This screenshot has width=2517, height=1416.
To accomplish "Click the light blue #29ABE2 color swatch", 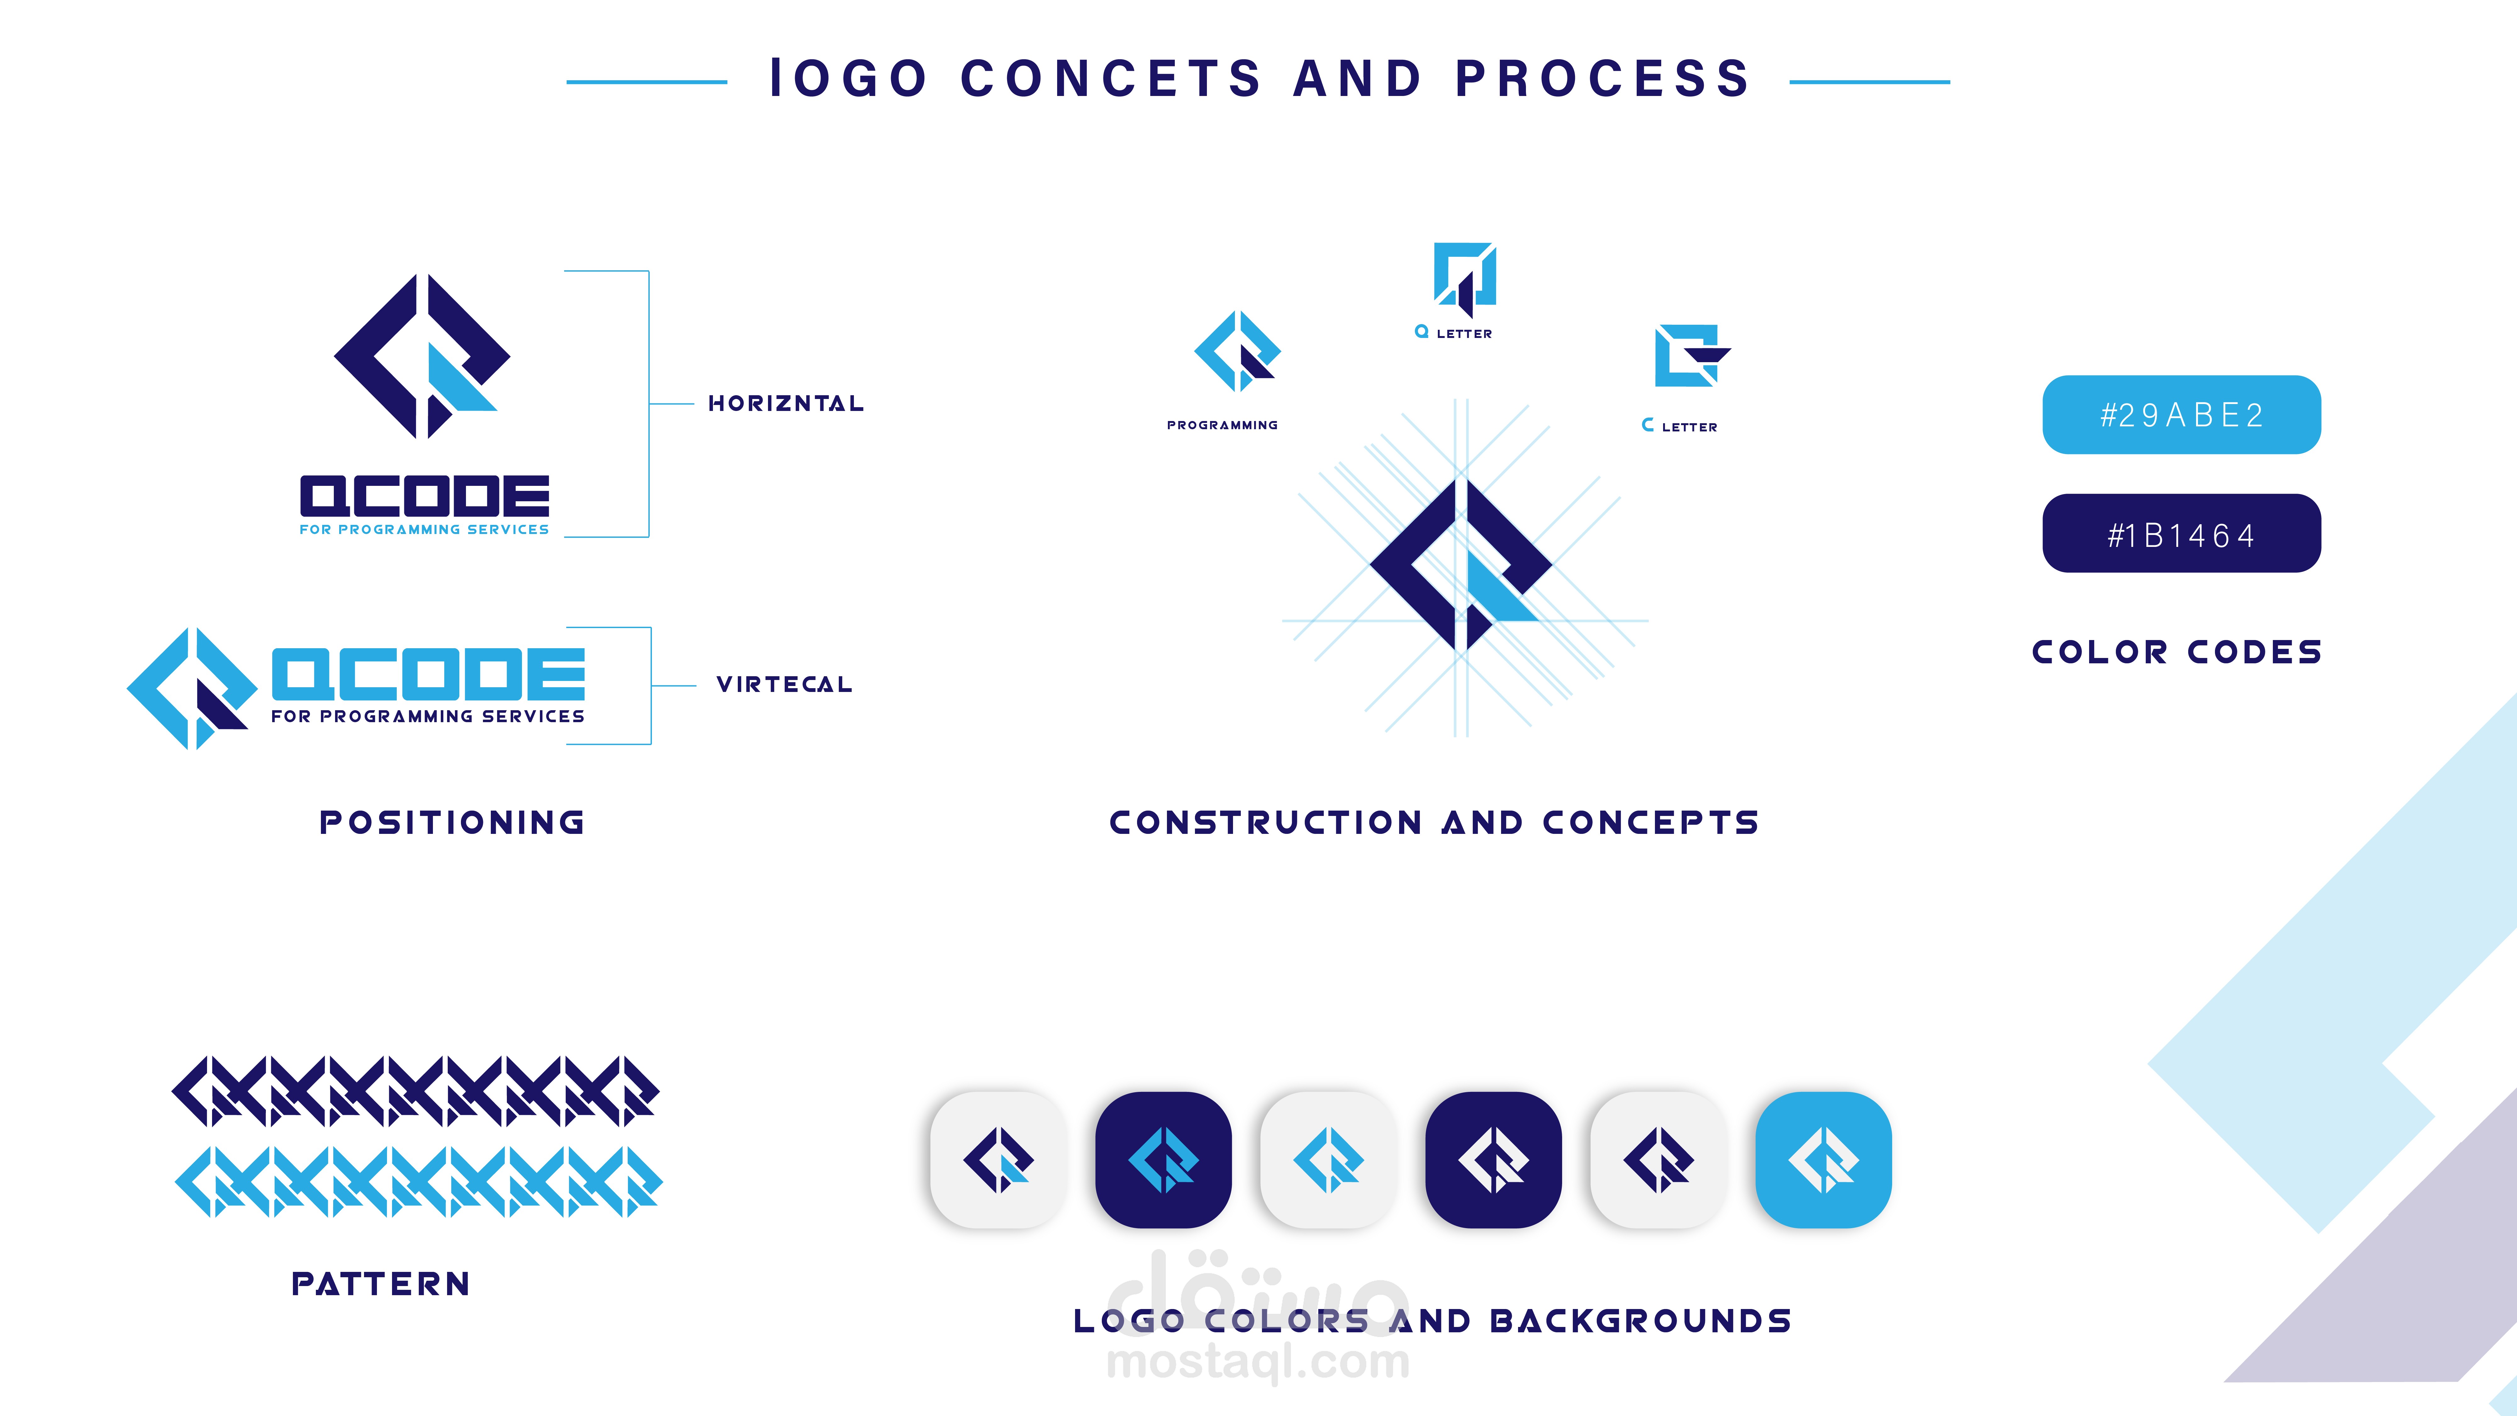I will (2181, 414).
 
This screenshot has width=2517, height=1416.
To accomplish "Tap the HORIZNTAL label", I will (786, 404).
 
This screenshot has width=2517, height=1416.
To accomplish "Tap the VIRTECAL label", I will (784, 684).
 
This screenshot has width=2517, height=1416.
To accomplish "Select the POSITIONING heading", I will (452, 823).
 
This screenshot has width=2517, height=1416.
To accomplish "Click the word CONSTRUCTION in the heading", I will (1265, 823).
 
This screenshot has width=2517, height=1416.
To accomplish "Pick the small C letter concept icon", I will (1690, 356).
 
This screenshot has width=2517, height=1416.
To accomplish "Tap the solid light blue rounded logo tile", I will (1823, 1160).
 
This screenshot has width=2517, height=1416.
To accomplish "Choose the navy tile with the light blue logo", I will (1163, 1160).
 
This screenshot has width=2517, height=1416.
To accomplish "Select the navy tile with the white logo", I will (1493, 1160).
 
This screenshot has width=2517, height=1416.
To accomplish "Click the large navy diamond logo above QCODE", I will (422, 357).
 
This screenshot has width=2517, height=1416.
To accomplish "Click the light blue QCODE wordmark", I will (428, 674).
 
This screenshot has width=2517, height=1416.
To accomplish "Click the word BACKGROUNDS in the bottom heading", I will (1640, 1321).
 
